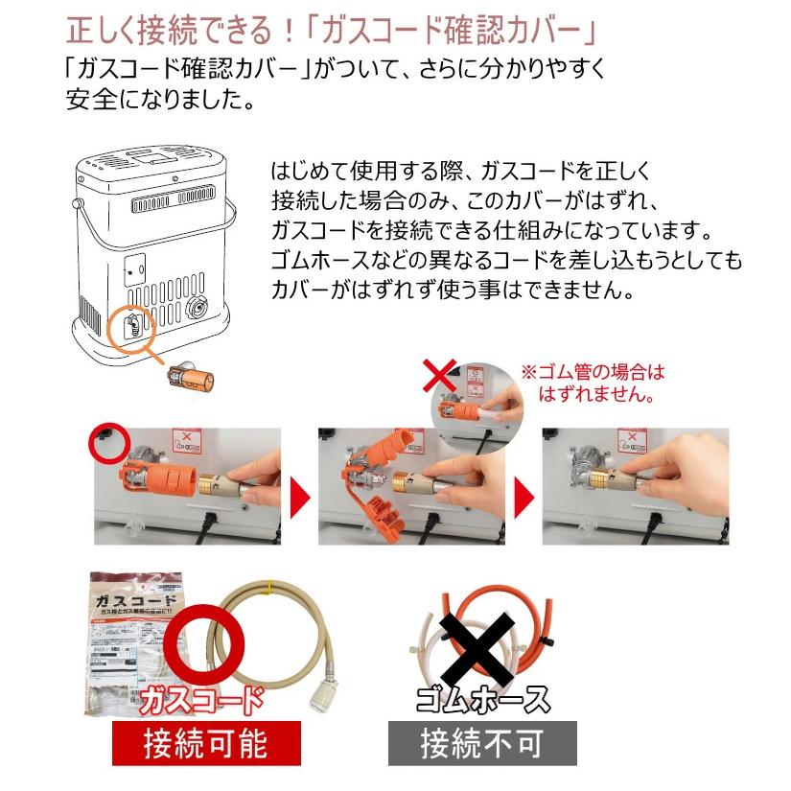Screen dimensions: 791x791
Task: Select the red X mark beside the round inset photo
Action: [x=439, y=375]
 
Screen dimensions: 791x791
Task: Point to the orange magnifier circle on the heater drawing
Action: [x=134, y=329]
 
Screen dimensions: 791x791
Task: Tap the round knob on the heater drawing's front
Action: [x=199, y=307]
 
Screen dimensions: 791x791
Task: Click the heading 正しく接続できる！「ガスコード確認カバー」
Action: [x=332, y=30]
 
